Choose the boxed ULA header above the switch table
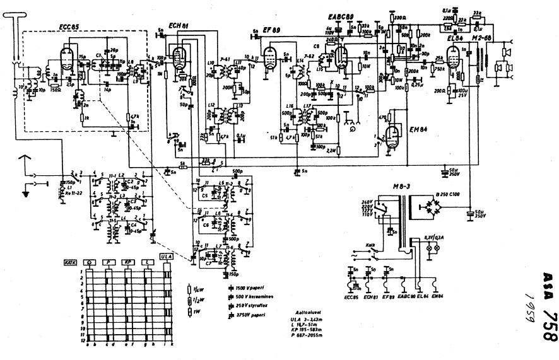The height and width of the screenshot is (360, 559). [167, 257]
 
